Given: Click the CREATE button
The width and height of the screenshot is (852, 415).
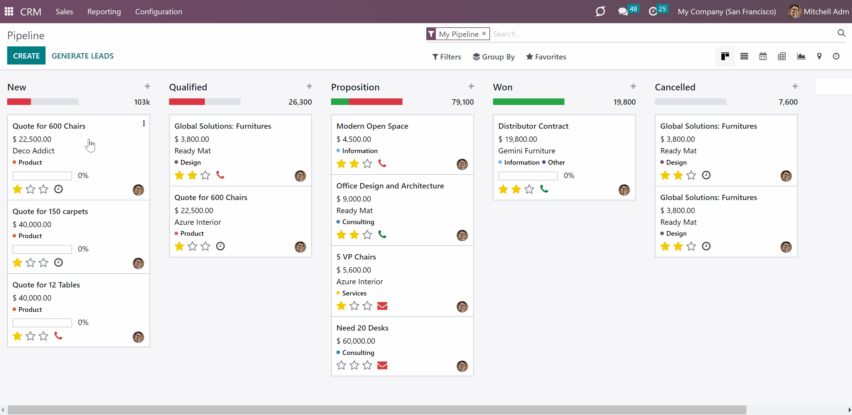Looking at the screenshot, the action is click(x=26, y=56).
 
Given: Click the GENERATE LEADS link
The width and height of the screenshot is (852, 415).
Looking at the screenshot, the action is click(x=82, y=56).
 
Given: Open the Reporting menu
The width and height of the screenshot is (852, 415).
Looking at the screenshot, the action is click(x=104, y=12).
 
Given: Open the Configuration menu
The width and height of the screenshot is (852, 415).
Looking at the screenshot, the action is click(x=158, y=12).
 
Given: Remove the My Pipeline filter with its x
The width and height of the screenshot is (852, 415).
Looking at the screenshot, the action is click(x=484, y=33).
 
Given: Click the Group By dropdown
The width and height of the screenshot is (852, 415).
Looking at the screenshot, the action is click(x=494, y=57).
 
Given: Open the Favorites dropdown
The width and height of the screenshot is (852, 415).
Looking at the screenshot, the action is click(x=546, y=57).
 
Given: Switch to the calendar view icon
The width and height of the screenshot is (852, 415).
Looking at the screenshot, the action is click(x=763, y=56).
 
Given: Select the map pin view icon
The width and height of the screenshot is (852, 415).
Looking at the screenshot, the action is click(x=819, y=56).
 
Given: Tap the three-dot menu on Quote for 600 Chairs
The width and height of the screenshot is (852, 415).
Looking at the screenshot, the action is click(x=143, y=123).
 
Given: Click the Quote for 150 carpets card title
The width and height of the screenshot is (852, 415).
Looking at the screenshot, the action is click(x=50, y=211).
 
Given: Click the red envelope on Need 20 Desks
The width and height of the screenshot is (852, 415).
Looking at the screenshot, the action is click(x=382, y=365).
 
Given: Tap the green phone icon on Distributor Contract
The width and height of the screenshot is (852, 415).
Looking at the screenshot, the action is click(x=544, y=189).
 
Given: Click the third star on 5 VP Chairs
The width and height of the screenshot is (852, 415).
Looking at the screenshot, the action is click(x=367, y=306).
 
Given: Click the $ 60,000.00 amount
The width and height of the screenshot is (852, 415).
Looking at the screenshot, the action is click(x=355, y=341).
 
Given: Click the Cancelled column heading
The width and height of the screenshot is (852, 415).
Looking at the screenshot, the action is click(x=675, y=87).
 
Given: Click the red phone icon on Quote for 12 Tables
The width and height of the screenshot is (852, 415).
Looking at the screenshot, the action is click(x=58, y=336).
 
